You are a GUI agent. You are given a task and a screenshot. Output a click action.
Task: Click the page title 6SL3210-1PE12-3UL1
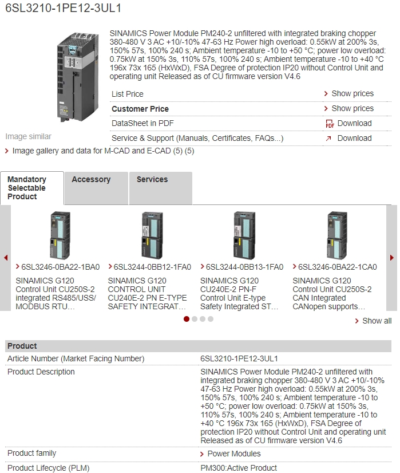coord(63,9)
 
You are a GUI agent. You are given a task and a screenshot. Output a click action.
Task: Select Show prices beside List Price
coord(352,93)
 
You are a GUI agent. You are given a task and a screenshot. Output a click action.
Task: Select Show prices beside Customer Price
coord(352,108)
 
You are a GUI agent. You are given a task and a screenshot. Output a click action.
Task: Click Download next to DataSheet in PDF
coord(354,123)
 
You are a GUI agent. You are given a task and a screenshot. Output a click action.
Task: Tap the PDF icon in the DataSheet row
coord(330,124)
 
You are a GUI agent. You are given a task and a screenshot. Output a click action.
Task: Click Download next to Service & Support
coord(354,138)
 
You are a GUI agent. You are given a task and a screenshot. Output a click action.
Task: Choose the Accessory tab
coord(91,179)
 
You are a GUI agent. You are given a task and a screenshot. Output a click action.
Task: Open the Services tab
coord(152,179)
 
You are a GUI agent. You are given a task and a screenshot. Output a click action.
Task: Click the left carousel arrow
coord(6,258)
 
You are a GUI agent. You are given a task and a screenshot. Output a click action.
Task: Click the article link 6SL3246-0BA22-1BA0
coord(60,267)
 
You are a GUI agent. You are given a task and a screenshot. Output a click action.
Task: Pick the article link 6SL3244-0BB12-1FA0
coord(152,267)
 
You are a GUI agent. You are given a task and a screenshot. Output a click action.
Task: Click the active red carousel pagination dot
coord(187,319)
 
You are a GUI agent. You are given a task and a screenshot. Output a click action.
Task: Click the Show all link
coord(377,321)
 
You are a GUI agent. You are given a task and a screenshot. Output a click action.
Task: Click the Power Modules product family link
coord(233,454)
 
